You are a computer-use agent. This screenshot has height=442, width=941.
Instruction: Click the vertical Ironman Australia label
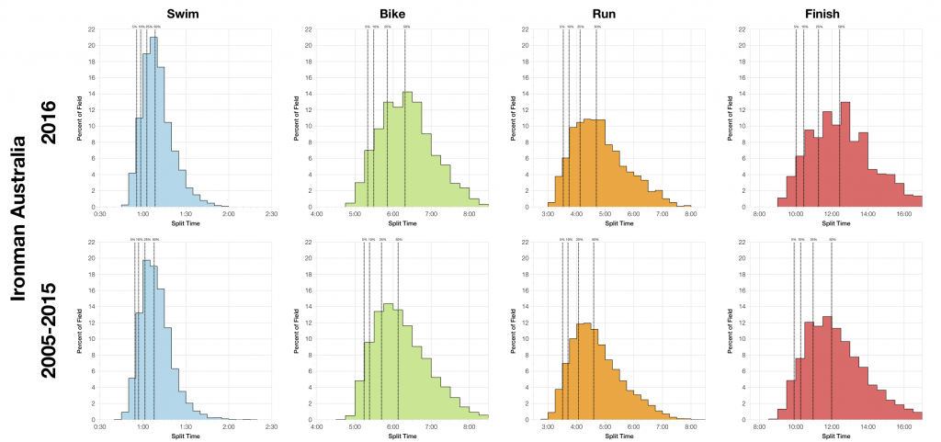point(19,221)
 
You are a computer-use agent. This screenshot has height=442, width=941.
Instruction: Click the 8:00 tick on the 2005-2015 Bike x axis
point(469,427)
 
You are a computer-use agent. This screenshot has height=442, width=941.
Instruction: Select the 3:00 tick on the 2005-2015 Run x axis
point(548,427)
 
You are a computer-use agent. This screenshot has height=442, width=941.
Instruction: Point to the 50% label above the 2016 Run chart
point(597,28)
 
